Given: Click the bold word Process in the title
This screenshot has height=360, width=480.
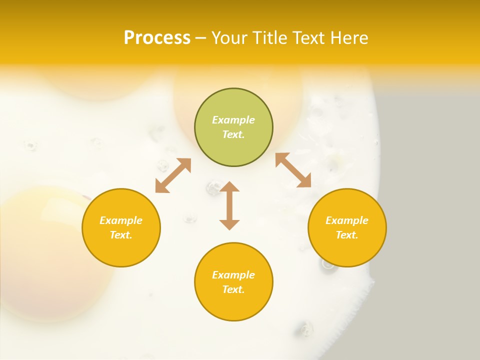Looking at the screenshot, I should point(157,38).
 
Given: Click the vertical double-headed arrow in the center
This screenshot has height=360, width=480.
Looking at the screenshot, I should point(229,205).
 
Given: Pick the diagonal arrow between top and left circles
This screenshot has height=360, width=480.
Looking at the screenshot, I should point(173,175).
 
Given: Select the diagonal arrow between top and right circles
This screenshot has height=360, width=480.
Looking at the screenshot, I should point(293,170).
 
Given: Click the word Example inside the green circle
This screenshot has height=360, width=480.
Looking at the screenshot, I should point(233,120).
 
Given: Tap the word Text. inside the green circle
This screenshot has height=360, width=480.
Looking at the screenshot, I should point(233,134).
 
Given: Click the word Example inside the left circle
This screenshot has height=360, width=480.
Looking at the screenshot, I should point(121,220).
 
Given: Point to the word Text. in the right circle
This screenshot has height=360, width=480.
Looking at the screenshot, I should point(347,235).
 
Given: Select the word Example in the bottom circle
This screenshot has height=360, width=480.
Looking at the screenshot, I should point(233,275).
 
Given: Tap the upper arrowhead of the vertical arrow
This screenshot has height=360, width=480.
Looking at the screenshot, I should point(229,186).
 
